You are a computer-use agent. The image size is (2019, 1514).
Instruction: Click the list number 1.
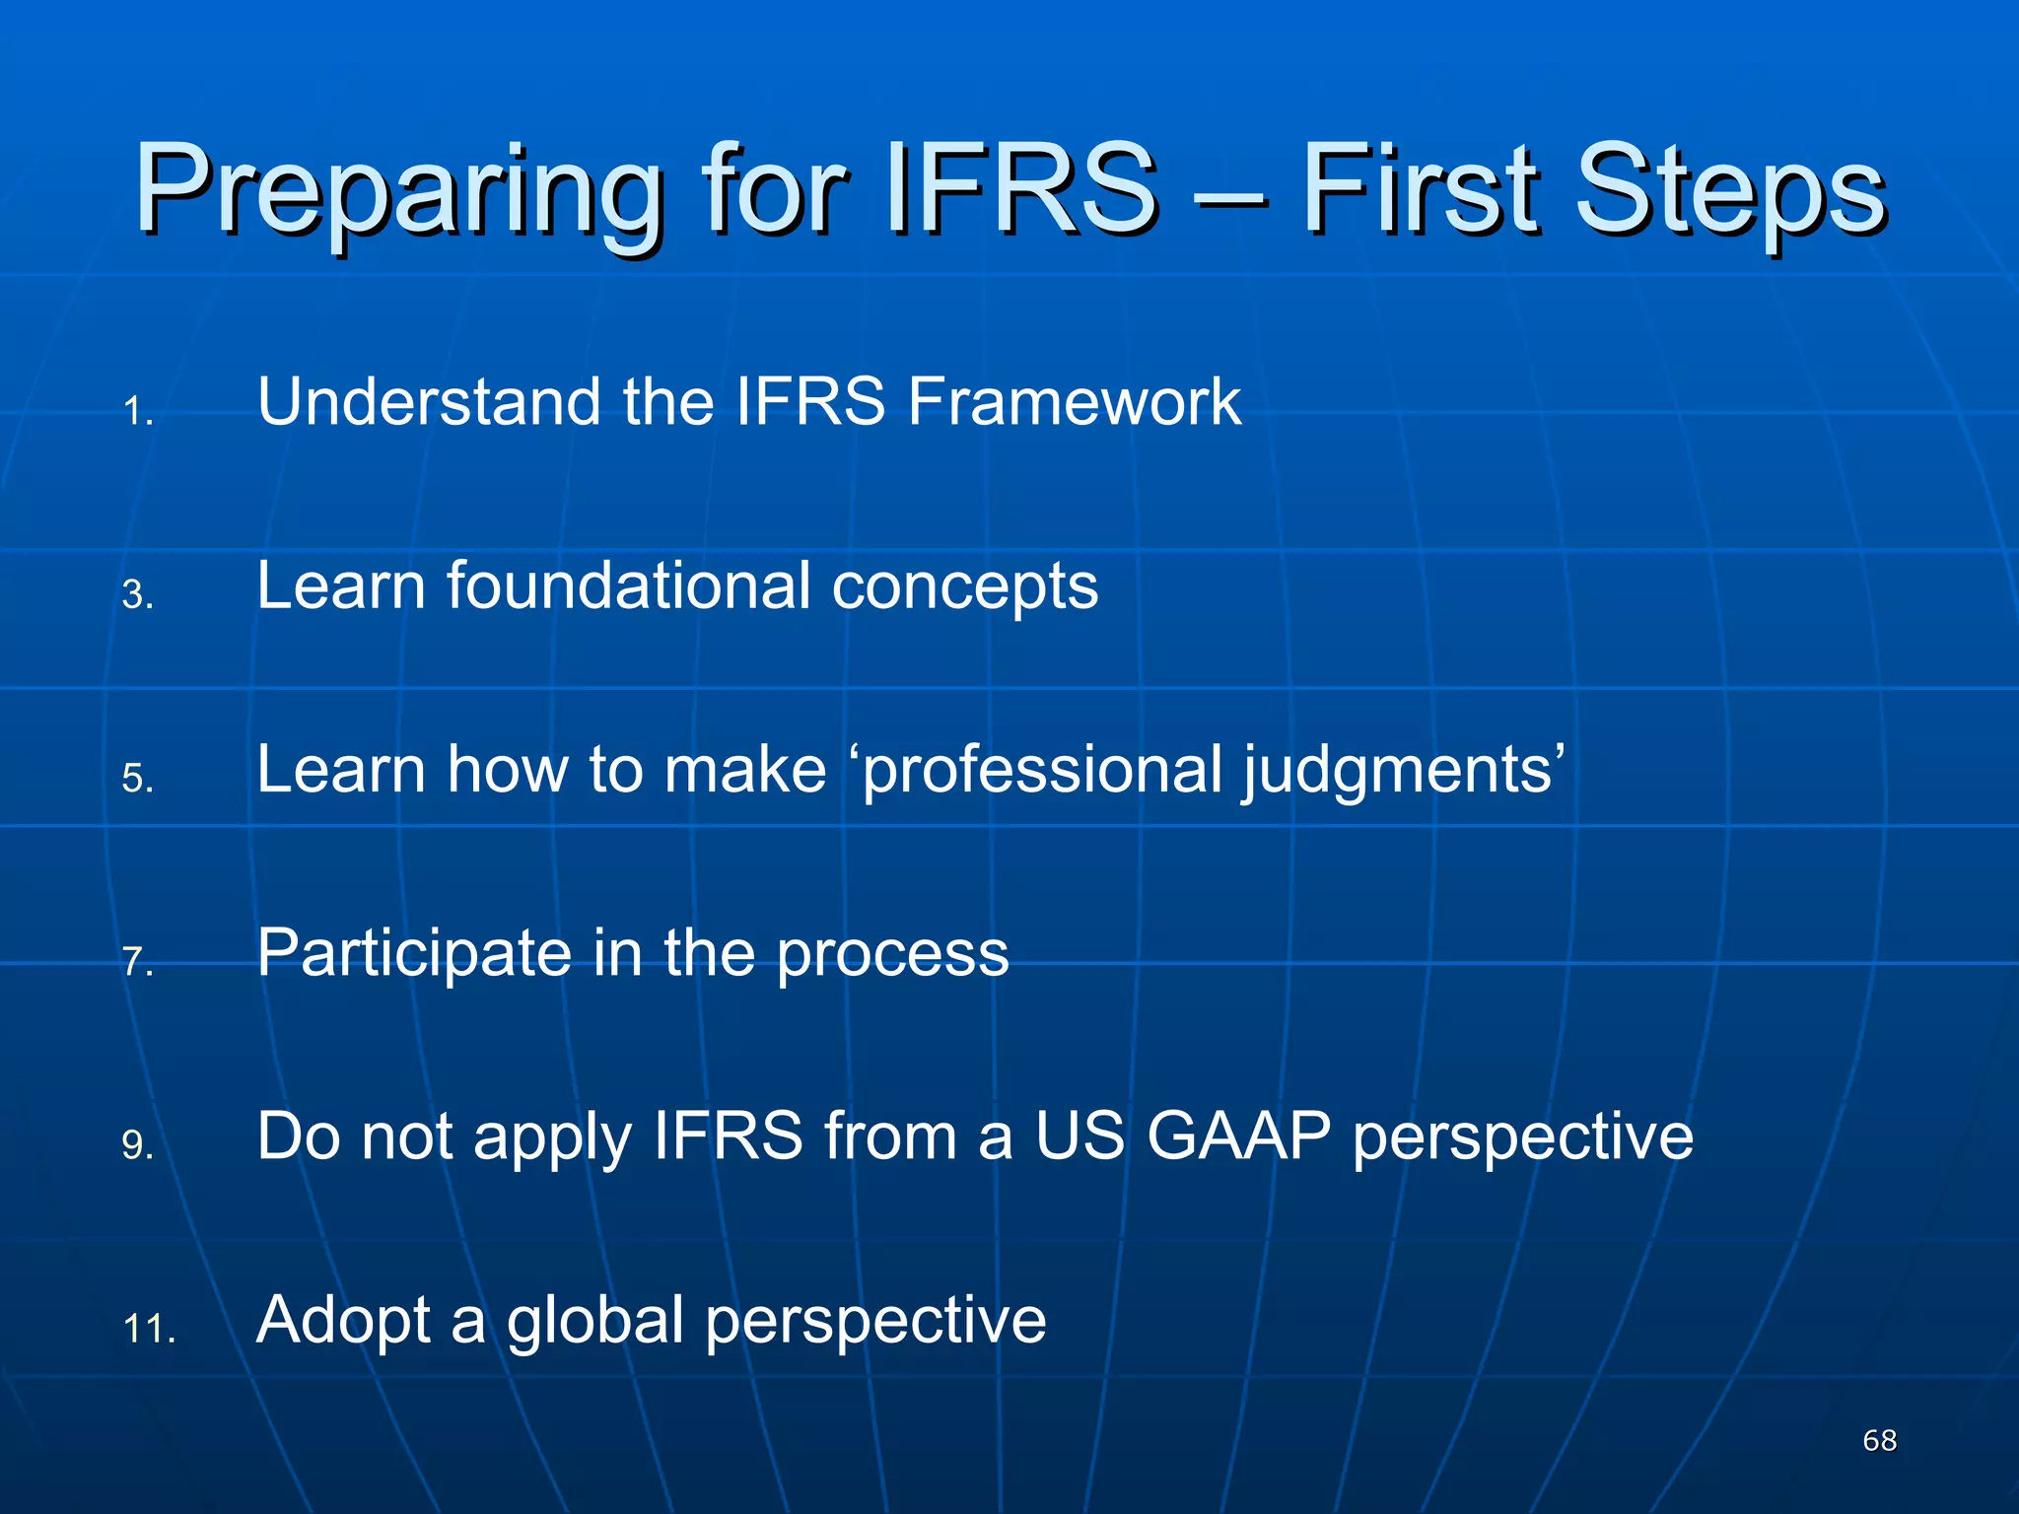point(138,412)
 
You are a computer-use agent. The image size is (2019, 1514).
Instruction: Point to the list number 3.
point(138,595)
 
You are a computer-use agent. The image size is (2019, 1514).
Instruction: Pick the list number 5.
point(138,779)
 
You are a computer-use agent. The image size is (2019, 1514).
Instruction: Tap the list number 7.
point(138,962)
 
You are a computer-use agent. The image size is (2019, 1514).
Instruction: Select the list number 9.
point(138,1145)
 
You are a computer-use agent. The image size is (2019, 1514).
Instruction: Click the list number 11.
point(149,1329)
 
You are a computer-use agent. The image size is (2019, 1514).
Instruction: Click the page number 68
point(1879,1440)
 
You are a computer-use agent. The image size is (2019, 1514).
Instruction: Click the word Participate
point(414,954)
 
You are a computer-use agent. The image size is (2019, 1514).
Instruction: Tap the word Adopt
point(343,1321)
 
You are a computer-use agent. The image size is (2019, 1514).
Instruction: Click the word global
point(594,1321)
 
